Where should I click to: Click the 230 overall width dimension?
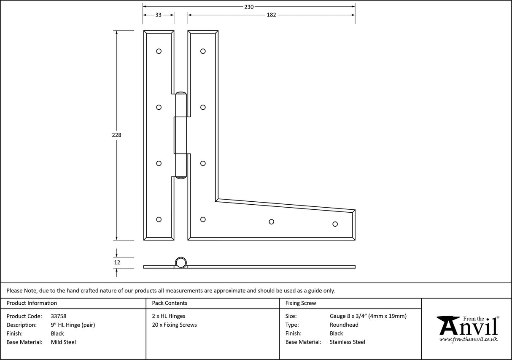click(249, 7)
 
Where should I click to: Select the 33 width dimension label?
click(158, 15)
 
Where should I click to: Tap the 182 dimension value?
click(271, 15)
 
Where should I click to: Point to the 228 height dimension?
click(117, 135)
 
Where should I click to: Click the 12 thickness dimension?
click(117, 263)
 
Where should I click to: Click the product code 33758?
click(58, 316)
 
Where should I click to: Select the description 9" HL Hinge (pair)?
click(73, 325)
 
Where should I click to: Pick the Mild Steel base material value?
click(63, 342)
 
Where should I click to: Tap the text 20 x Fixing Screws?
click(174, 325)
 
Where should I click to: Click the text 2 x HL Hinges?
click(168, 316)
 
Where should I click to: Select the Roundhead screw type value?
click(344, 325)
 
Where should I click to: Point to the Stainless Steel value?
click(347, 342)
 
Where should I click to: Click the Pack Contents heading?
click(169, 303)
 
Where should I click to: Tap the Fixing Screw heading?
click(300, 303)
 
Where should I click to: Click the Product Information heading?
click(32, 303)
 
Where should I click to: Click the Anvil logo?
click(468, 328)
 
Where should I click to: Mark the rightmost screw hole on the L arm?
click(335, 224)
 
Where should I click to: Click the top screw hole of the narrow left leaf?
click(159, 51)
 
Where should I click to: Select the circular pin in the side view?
click(181, 262)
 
